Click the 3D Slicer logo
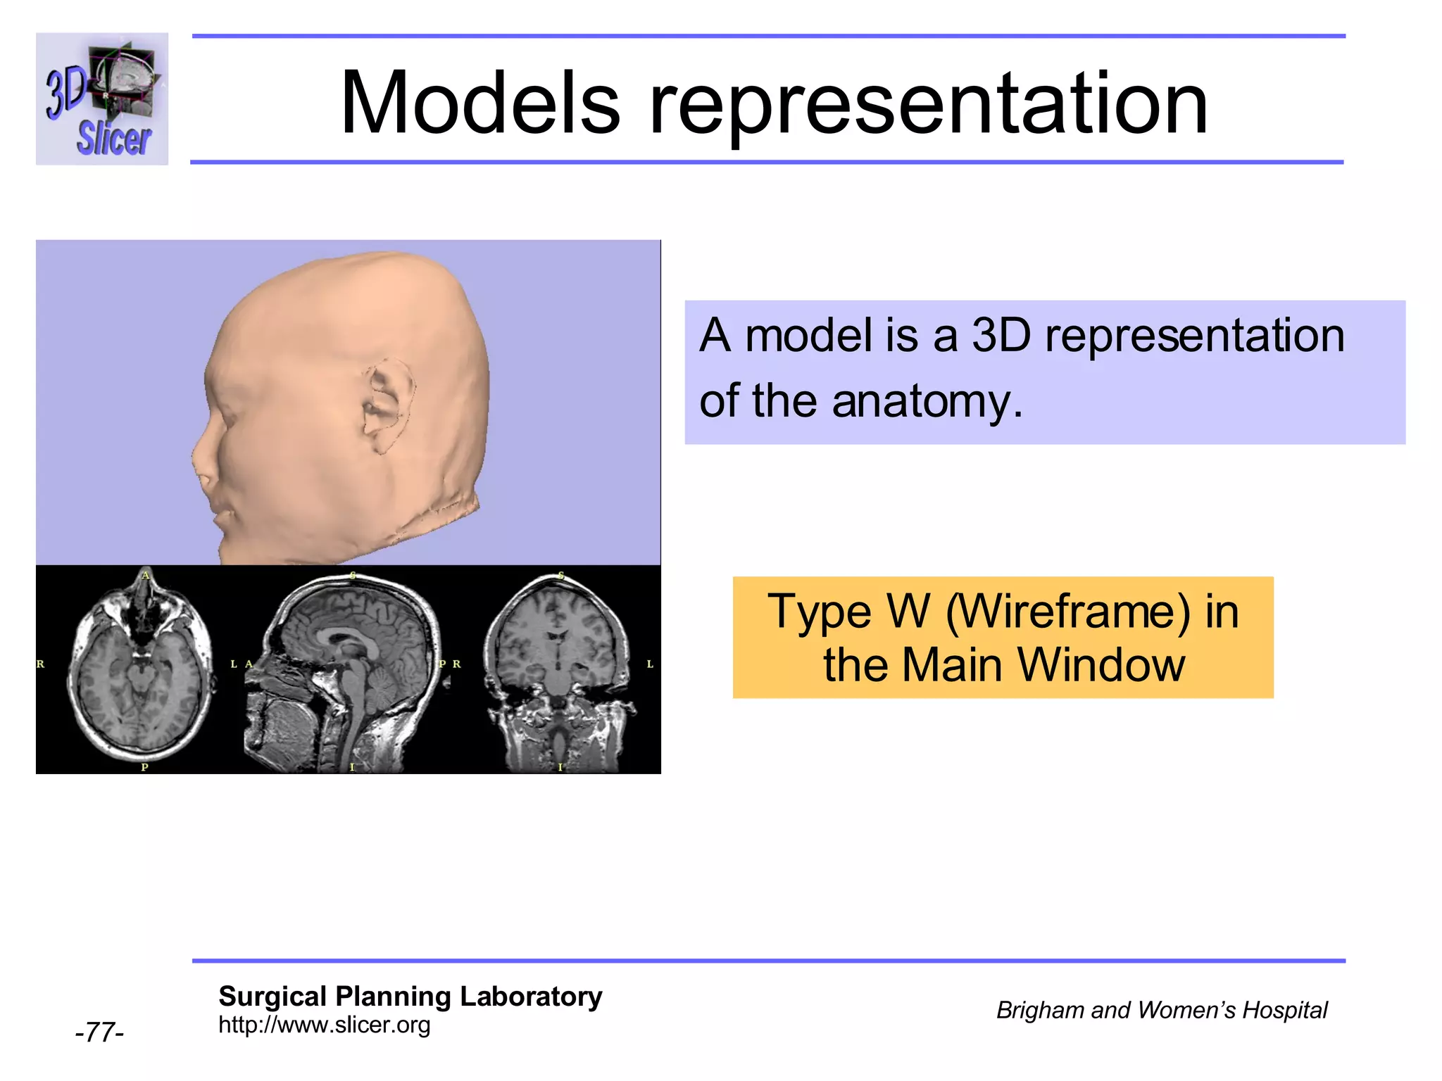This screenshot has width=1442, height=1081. point(102,99)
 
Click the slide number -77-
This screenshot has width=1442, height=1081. point(99,1032)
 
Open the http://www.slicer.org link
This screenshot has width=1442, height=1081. point(324,1025)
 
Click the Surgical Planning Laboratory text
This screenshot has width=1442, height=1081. point(410,997)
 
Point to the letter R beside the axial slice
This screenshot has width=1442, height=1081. point(41,664)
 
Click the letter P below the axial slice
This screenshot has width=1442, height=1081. point(144,767)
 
